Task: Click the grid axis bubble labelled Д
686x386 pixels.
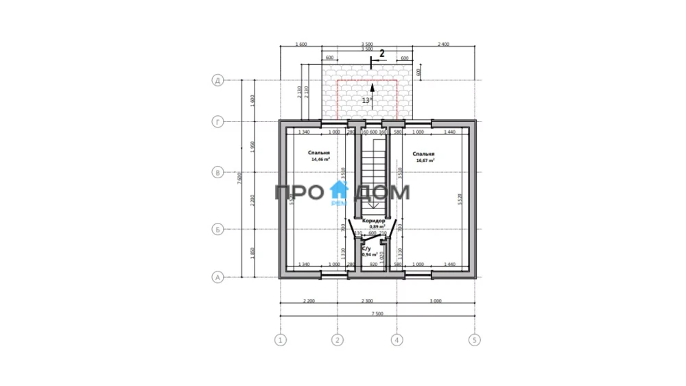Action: [218, 81]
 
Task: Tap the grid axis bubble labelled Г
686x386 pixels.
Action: [218, 122]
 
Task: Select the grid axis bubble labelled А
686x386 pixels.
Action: [218, 278]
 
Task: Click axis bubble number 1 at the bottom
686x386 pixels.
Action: [280, 339]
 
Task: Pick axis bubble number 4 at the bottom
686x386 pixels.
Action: [396, 339]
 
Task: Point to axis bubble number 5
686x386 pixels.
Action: [473, 339]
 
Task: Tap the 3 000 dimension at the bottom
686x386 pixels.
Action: [434, 301]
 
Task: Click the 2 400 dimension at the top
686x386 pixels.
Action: [442, 45]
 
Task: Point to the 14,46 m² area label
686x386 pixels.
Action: [320, 160]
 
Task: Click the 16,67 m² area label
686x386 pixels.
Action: [425, 160]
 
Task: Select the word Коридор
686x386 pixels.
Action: [373, 221]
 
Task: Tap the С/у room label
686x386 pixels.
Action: [366, 248]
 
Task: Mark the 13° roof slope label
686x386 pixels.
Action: [367, 100]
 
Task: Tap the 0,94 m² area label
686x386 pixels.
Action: [370, 254]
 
